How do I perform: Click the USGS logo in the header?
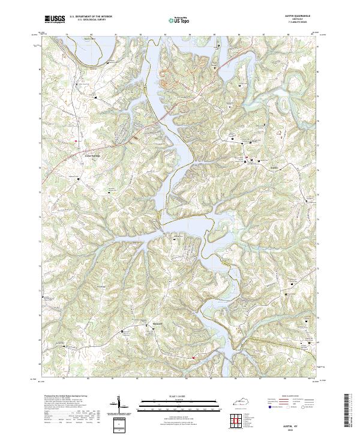[54, 20]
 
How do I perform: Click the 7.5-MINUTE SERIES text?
[299, 23]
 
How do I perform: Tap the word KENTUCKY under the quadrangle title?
[299, 20]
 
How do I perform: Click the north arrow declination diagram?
[119, 405]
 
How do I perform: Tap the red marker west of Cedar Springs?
[77, 141]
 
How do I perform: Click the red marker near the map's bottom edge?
[193, 358]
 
